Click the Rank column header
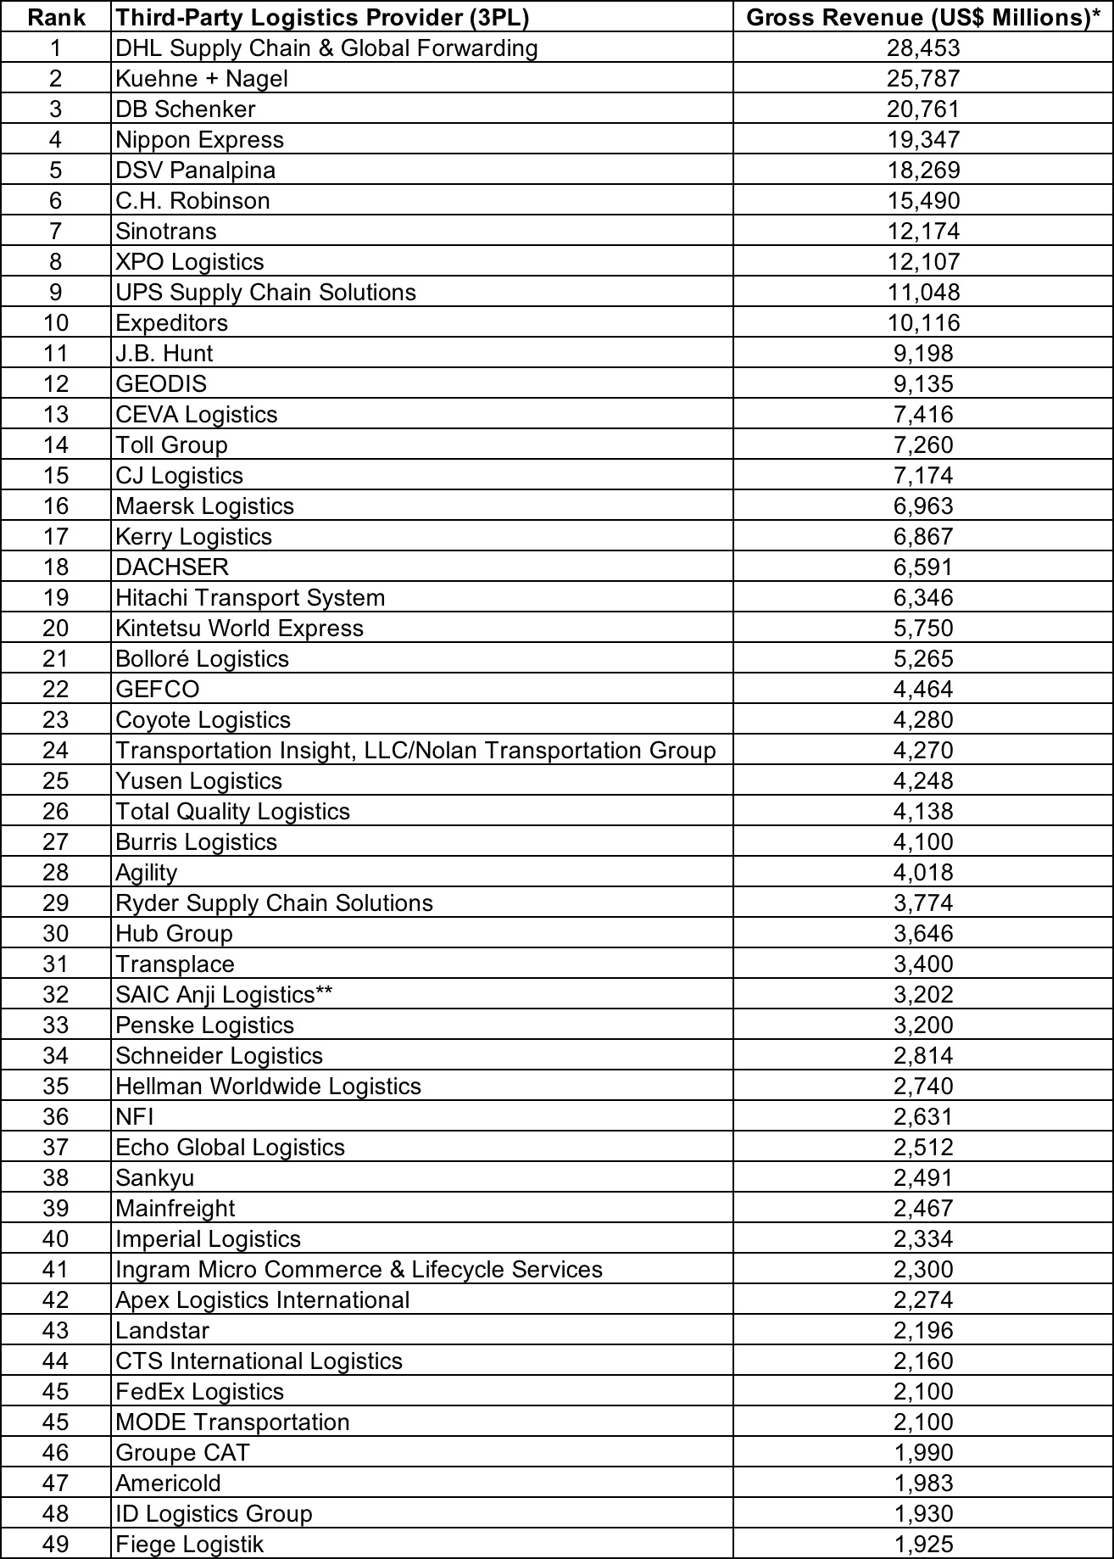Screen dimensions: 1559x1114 point(56,17)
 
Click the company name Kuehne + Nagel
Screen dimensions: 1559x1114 point(202,79)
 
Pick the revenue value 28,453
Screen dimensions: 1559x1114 point(923,48)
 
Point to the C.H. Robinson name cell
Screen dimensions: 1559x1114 point(193,201)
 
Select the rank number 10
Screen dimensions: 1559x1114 point(56,323)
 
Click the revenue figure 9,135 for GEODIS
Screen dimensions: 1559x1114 point(923,384)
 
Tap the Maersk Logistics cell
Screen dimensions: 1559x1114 point(205,506)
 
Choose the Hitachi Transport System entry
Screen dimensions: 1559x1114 point(250,598)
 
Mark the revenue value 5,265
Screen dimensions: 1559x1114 point(923,659)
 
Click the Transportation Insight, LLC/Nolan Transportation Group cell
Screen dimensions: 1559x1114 point(415,751)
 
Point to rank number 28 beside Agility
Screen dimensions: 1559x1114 point(56,873)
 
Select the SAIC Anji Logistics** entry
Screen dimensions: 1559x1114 point(224,995)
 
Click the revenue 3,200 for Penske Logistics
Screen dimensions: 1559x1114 point(923,1025)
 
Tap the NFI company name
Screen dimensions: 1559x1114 point(135,1117)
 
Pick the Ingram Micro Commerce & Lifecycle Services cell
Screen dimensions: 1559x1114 point(359,1270)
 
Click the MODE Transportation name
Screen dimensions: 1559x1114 point(232,1422)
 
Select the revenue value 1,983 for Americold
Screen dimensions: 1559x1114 point(923,1484)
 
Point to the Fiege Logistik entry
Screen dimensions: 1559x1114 point(190,1545)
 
